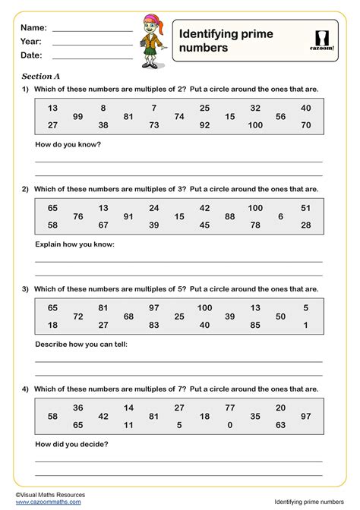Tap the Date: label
pyautogui.click(x=31, y=55)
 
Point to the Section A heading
pyautogui.click(x=40, y=76)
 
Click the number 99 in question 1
pyautogui.click(x=77, y=116)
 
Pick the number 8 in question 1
pyautogui.click(x=103, y=108)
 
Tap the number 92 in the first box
pyautogui.click(x=204, y=125)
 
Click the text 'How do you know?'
pyautogui.click(x=68, y=144)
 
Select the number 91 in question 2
pyautogui.click(x=128, y=216)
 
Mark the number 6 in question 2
pyautogui.click(x=280, y=216)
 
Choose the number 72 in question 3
pyautogui.click(x=77, y=316)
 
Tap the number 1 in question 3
pyautogui.click(x=305, y=325)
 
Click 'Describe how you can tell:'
pyautogui.click(x=81, y=344)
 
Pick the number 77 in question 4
pyautogui.click(x=230, y=408)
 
